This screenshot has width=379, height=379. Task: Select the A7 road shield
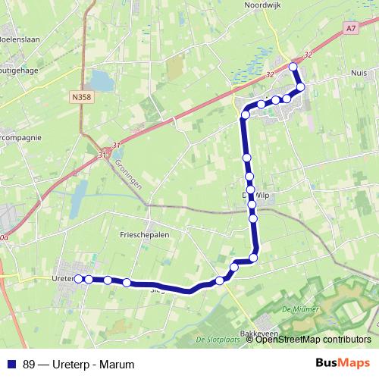pyautogui.click(x=349, y=28)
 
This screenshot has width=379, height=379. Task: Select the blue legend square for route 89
pyautogui.click(x=11, y=364)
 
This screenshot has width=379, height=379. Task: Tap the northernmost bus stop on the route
pyautogui.click(x=293, y=67)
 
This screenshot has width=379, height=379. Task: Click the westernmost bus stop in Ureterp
pyautogui.click(x=77, y=279)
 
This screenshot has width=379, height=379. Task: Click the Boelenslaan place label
pyautogui.click(x=18, y=38)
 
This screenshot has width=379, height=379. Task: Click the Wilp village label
pyautogui.click(x=262, y=195)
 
